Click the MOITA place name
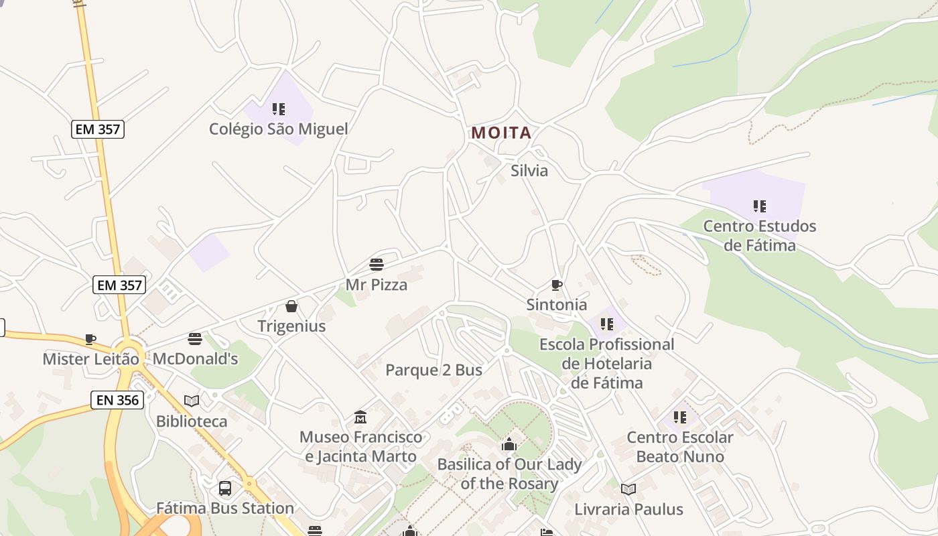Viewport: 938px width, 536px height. click(501, 133)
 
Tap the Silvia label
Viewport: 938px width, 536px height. click(529, 171)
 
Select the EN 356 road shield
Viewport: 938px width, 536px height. click(117, 401)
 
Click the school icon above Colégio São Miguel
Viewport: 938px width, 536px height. click(279, 109)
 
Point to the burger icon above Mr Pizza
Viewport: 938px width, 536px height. click(377, 265)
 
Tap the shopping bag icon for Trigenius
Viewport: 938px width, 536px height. click(291, 306)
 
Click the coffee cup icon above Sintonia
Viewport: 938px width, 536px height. click(556, 285)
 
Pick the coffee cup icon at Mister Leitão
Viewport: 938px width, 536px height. click(90, 339)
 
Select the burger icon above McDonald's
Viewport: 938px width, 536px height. click(195, 339)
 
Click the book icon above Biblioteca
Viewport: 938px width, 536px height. click(192, 401)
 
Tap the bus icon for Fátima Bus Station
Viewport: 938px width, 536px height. click(225, 488)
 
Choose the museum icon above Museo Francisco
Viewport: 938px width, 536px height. click(360, 417)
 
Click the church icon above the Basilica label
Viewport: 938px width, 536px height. click(509, 444)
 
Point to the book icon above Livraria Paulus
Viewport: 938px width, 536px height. click(628, 489)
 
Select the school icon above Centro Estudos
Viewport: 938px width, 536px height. click(759, 206)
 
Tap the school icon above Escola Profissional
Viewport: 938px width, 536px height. click(607, 324)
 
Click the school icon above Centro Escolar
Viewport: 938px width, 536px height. click(680, 417)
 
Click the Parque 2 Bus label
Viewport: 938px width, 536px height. click(433, 370)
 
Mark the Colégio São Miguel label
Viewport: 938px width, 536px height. click(278, 129)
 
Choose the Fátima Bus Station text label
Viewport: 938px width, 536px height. click(225, 509)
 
